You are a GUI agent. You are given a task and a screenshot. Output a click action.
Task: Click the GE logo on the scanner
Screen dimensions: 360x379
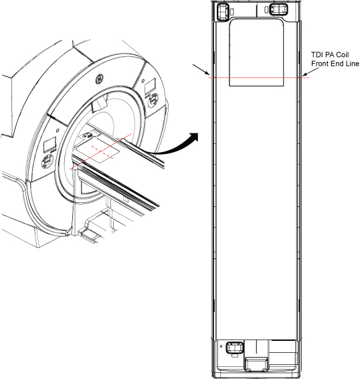click(100, 80)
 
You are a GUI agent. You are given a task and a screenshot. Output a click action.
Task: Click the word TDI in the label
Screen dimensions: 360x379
click(317, 55)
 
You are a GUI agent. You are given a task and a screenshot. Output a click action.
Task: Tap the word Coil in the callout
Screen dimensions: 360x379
click(342, 55)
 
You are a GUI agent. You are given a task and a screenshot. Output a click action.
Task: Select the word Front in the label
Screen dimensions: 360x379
click(320, 64)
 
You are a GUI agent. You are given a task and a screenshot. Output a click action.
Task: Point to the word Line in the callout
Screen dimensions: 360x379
click(352, 64)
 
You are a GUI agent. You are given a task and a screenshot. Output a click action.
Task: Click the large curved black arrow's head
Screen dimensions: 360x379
click(194, 137)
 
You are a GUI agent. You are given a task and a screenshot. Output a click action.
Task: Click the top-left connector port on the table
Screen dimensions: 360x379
click(222, 11)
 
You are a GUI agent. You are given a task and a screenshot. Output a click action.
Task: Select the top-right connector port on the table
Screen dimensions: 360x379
click(278, 9)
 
